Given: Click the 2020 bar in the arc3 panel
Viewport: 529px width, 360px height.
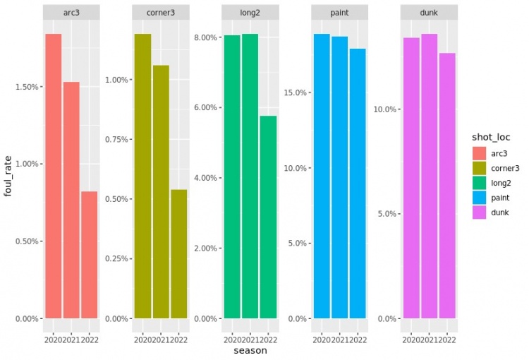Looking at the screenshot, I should click(53, 176).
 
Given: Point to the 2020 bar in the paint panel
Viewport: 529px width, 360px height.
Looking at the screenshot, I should click(322, 176).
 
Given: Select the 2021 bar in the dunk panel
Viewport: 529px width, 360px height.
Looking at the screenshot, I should click(430, 176).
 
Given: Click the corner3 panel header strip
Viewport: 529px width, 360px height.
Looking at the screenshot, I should click(161, 13).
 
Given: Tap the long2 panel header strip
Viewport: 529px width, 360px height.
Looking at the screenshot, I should click(250, 13).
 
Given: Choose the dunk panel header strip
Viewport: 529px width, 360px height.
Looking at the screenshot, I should click(430, 13).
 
